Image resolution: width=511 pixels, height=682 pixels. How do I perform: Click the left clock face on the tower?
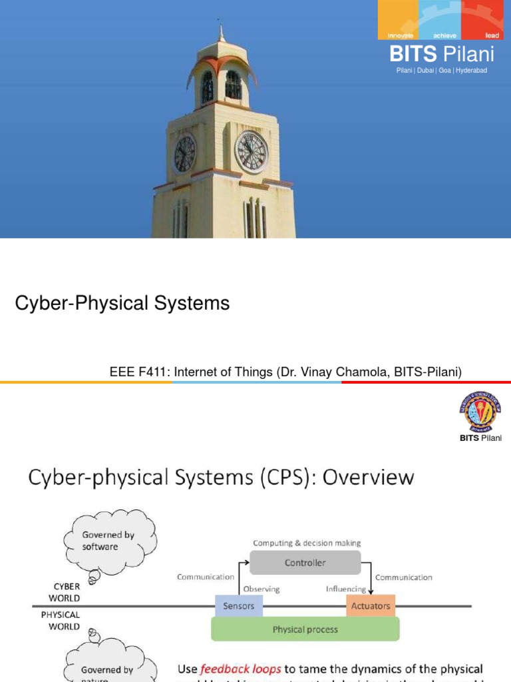pyautogui.click(x=184, y=154)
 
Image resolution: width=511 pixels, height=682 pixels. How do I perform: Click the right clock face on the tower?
pyautogui.click(x=252, y=152)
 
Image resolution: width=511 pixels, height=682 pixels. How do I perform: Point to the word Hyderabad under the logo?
pyautogui.click(x=472, y=70)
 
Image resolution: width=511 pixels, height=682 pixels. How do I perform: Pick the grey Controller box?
pyautogui.click(x=305, y=563)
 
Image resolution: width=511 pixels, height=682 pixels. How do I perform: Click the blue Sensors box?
pyautogui.click(x=238, y=606)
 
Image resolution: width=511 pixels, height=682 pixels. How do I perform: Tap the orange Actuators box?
pyautogui.click(x=371, y=606)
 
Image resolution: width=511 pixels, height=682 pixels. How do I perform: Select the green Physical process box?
pyautogui.click(x=305, y=629)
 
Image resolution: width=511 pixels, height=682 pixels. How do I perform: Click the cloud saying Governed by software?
pyautogui.click(x=100, y=540)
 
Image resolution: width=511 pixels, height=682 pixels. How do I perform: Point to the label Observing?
pyautogui.click(x=261, y=589)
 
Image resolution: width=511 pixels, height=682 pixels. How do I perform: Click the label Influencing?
pyautogui.click(x=346, y=589)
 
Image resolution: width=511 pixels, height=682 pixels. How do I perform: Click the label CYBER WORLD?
pyautogui.click(x=67, y=592)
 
